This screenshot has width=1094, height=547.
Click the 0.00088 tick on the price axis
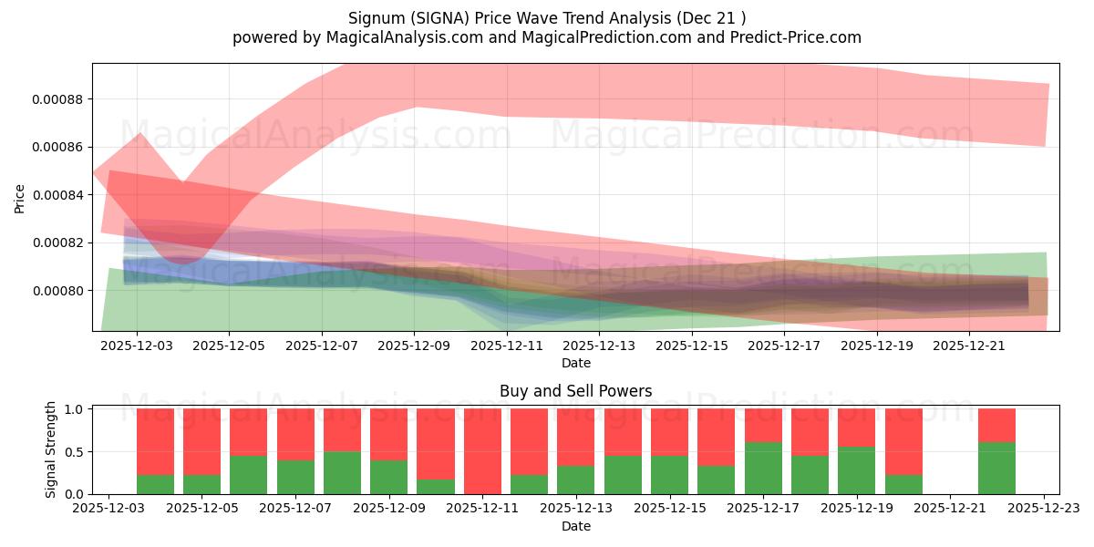58,99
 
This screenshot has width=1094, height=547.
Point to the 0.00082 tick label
58,243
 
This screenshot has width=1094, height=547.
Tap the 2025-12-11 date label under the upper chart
507,346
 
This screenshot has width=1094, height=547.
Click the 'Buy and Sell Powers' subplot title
575,391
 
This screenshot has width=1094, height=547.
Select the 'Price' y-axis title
20,198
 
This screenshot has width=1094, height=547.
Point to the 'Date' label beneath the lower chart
575,526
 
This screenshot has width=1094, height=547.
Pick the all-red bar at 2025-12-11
482,451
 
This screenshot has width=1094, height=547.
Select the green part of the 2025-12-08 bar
342,473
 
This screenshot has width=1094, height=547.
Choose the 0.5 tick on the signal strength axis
76,452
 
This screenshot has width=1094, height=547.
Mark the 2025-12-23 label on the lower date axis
1043,509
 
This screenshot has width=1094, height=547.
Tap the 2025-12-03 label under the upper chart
137,346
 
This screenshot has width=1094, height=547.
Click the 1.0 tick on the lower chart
76,409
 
